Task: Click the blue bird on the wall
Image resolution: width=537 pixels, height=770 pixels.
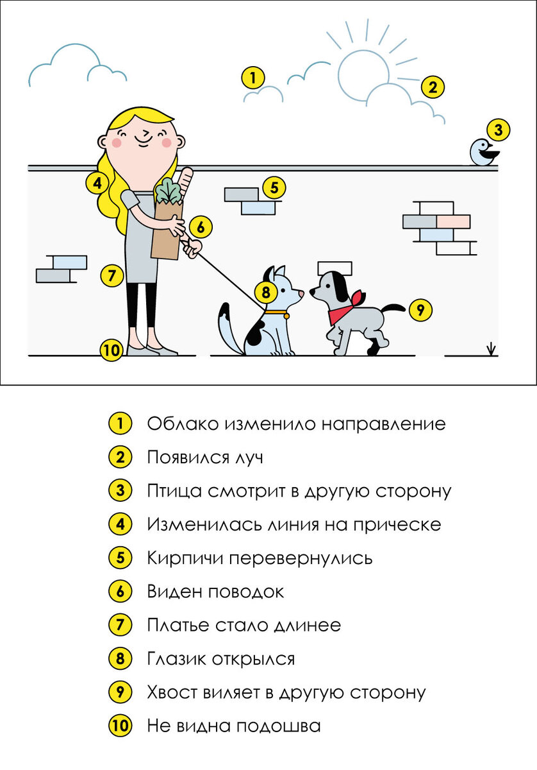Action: pos(483,152)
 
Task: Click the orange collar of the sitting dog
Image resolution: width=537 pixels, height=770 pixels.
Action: pos(276,314)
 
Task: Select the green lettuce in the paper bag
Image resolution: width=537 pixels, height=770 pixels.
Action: pos(168,190)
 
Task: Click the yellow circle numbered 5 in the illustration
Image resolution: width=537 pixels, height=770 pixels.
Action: pos(274,187)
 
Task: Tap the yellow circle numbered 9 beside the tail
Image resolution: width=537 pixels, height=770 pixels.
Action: pos(420,310)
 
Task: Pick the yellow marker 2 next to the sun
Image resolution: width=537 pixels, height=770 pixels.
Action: pos(433,87)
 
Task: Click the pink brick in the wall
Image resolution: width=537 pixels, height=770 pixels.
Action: pos(453,222)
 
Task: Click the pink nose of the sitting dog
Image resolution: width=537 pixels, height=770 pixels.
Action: pos(301,294)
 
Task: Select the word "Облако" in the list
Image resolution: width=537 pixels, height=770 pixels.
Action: pos(183,424)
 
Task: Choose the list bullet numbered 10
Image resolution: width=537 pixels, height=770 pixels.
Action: pos(120,726)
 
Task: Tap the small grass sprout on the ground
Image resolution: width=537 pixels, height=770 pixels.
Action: pos(492,349)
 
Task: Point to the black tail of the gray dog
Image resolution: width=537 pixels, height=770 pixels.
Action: pos(394,309)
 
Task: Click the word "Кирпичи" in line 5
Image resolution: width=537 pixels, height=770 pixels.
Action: pos(185,558)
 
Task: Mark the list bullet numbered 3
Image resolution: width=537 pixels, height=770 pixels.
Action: pos(120,490)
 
